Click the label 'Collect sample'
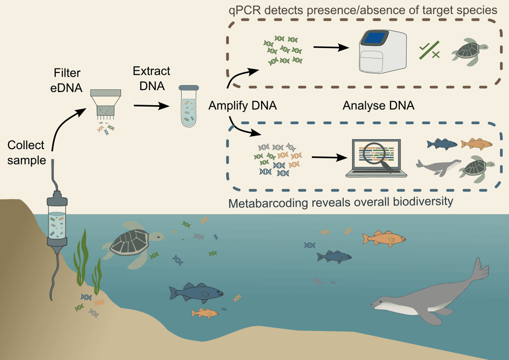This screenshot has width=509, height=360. (26, 152)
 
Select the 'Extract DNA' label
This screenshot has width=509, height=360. (151, 78)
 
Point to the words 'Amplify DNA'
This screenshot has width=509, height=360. (242, 106)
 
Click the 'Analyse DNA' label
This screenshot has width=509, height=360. (378, 106)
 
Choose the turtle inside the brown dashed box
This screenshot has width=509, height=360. (469, 54)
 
